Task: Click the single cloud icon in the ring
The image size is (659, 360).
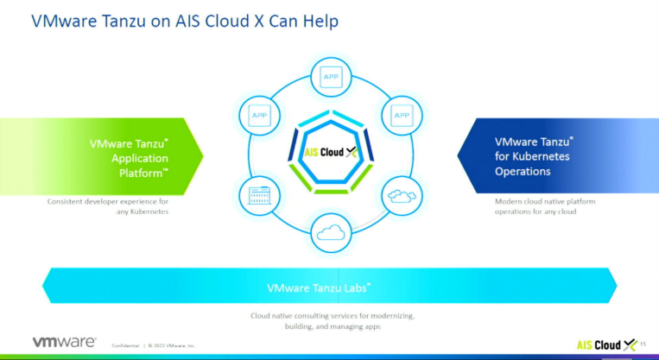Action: tap(331, 232)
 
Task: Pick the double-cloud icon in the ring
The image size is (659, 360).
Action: tap(402, 196)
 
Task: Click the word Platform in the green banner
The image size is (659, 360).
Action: tap(139, 173)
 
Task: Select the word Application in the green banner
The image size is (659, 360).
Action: tap(140, 158)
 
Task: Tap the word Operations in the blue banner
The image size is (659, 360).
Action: tap(523, 171)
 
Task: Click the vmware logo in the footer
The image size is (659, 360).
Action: tap(64, 342)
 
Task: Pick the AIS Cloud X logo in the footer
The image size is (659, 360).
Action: tap(605, 343)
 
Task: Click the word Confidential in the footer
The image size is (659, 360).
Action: tap(125, 345)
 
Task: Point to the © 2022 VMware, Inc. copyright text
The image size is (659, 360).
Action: tap(173, 345)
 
